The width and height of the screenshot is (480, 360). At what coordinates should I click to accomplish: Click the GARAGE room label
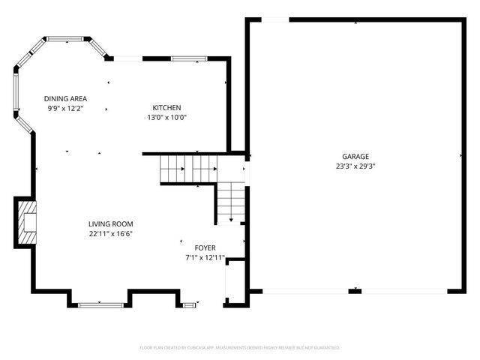(x=355, y=156)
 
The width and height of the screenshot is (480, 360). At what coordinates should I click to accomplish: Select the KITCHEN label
(x=166, y=108)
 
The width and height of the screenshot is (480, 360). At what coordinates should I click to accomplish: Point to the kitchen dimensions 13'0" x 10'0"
(x=166, y=117)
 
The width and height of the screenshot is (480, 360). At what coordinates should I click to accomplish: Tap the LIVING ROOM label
(x=110, y=223)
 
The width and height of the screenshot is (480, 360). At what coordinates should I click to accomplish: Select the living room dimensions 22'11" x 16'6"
(x=110, y=233)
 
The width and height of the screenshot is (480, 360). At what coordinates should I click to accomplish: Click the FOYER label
(x=205, y=247)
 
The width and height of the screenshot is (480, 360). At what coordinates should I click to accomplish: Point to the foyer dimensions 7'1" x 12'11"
(x=205, y=257)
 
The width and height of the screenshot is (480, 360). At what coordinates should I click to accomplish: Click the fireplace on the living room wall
(x=27, y=222)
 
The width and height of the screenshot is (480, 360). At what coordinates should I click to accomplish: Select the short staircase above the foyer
(x=232, y=202)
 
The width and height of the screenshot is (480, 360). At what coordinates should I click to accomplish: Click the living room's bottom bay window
(x=101, y=304)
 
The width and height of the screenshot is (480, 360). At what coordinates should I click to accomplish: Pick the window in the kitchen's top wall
(x=184, y=58)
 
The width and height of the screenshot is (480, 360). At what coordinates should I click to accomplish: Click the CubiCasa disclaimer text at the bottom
(x=240, y=348)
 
